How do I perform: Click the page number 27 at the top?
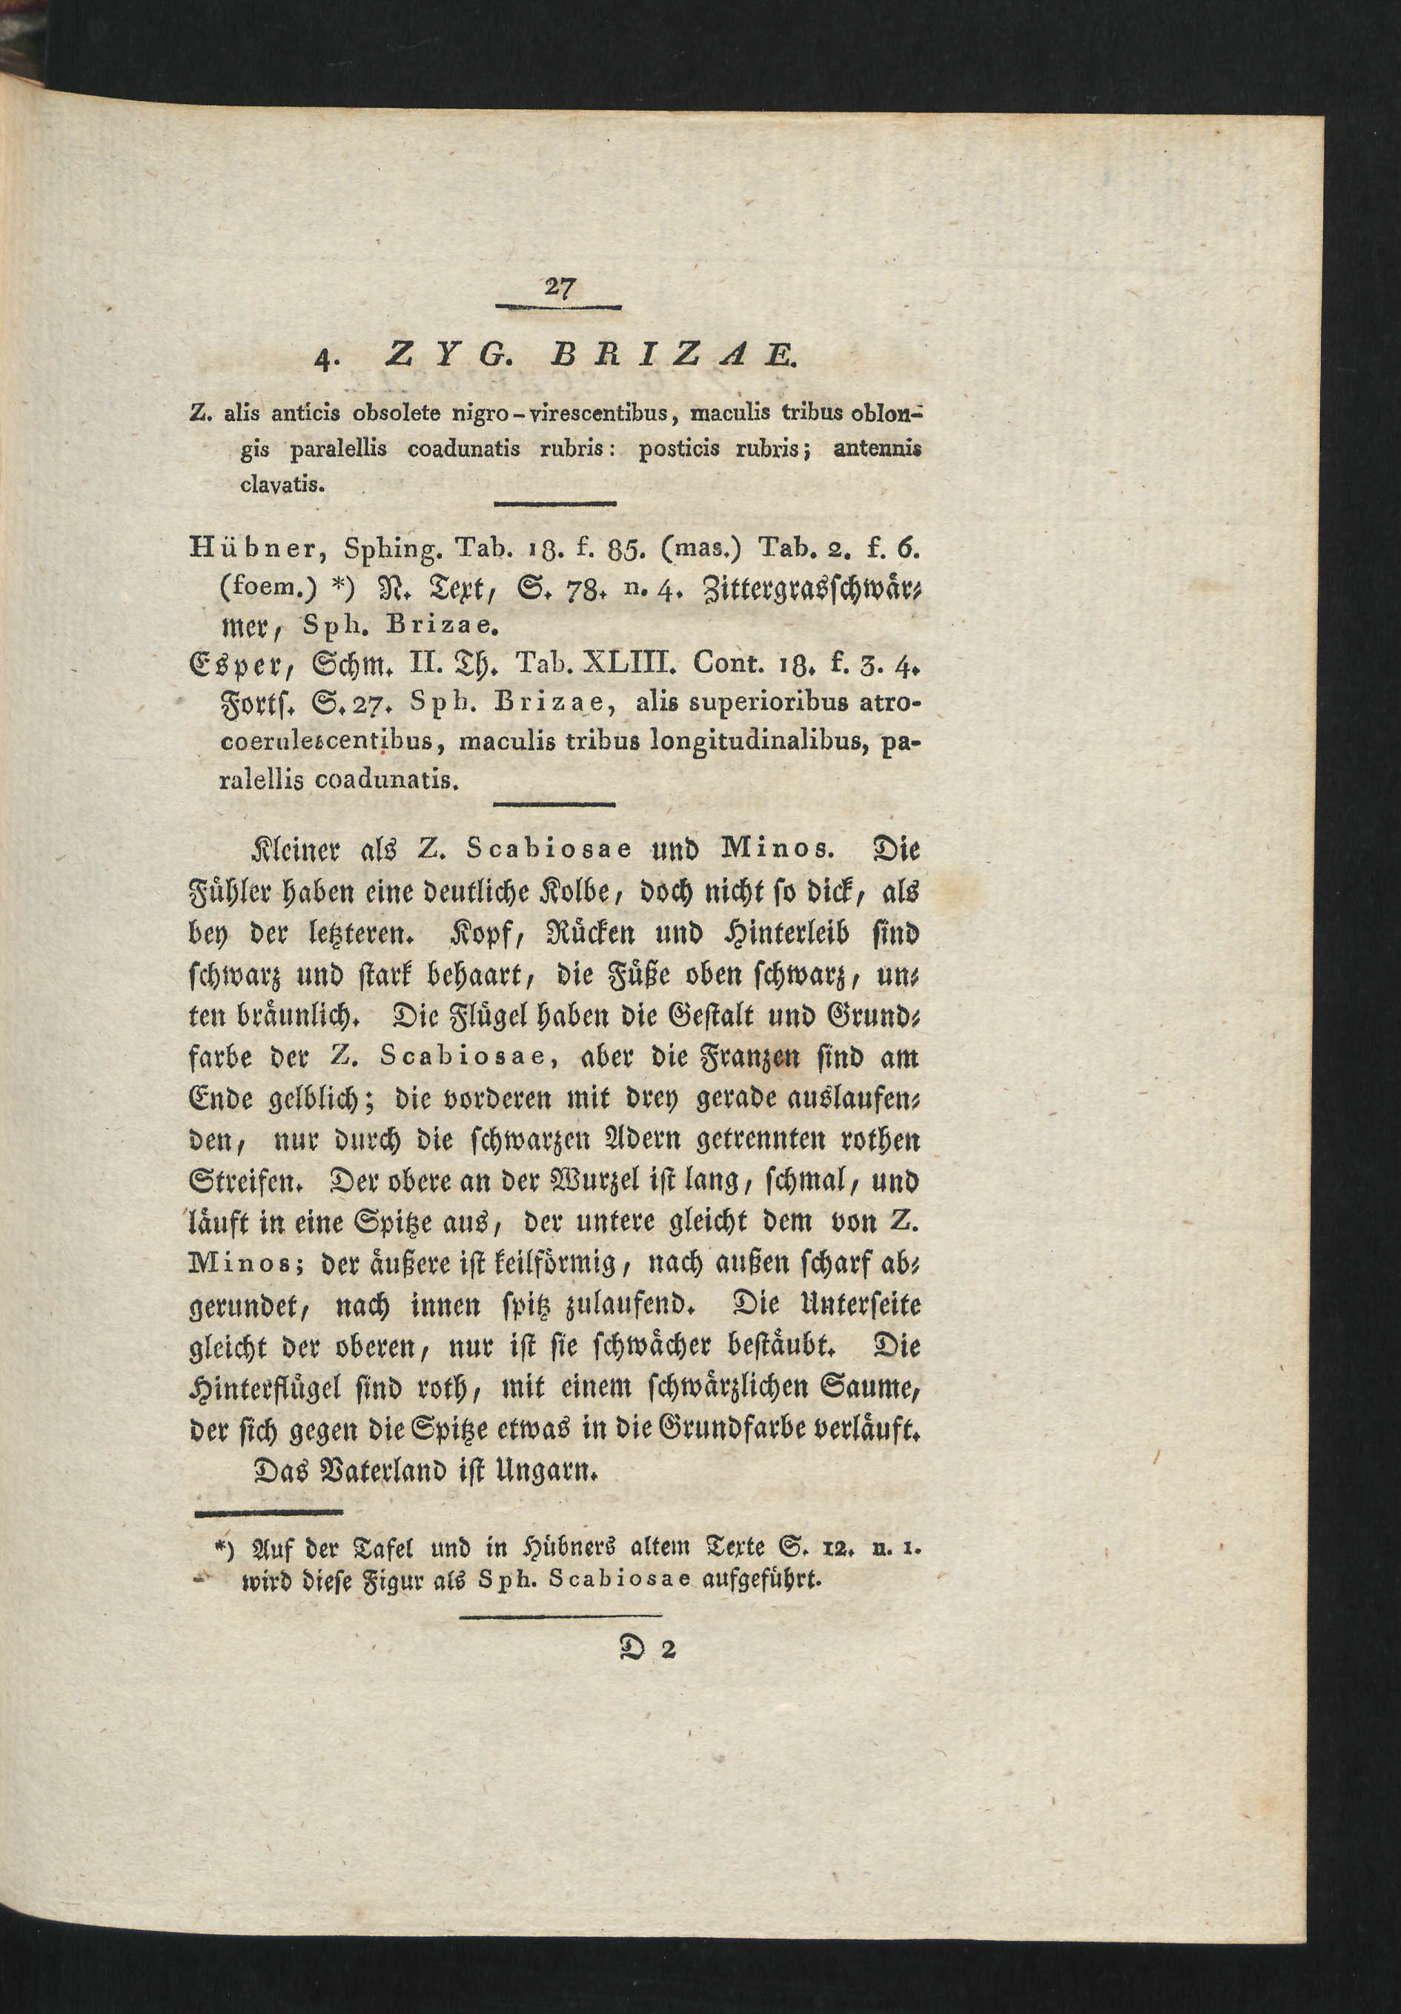coord(559,287)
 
